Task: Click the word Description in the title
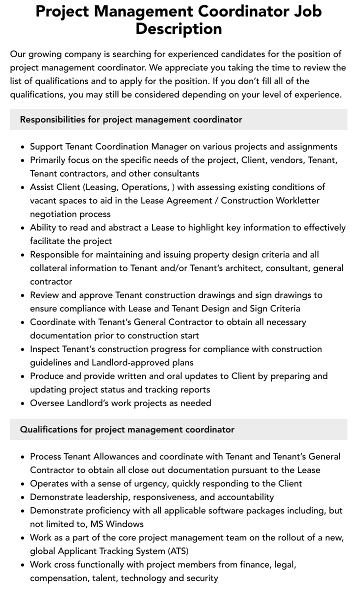click(x=178, y=29)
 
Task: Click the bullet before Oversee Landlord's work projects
click(x=22, y=403)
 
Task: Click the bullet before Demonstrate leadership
click(x=22, y=497)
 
